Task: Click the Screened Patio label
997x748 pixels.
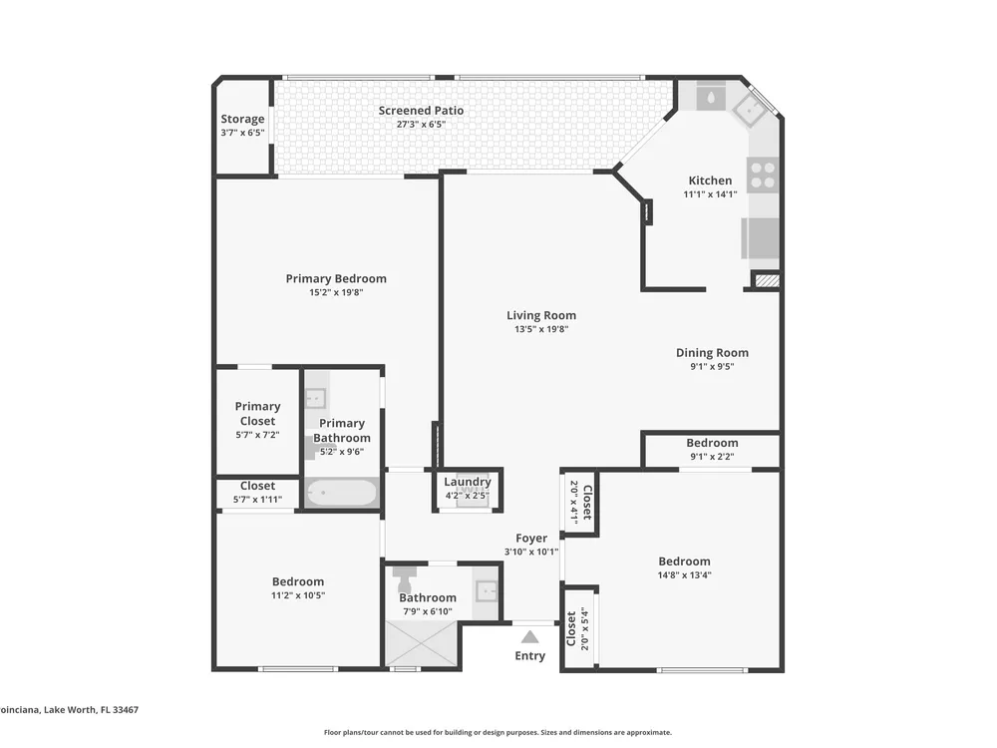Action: click(x=421, y=111)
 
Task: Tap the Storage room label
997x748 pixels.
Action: click(x=242, y=119)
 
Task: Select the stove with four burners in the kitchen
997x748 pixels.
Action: click(x=763, y=175)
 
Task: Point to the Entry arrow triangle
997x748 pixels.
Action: click(x=529, y=637)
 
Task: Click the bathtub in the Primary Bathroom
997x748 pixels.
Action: click(x=341, y=493)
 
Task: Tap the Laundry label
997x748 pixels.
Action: click(x=468, y=482)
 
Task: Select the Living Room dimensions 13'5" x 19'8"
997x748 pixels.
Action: click(x=541, y=329)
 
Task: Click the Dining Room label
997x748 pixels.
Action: click(x=712, y=352)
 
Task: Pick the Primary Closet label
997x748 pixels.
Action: click(x=257, y=414)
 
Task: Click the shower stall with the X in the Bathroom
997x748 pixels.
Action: click(x=421, y=643)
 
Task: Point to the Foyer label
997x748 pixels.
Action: click(x=531, y=539)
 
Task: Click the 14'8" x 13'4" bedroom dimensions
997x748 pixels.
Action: click(x=684, y=575)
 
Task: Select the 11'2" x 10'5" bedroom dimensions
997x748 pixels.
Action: click(x=298, y=595)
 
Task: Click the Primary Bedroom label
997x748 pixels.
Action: click(x=336, y=278)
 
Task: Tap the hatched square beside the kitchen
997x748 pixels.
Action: click(x=767, y=280)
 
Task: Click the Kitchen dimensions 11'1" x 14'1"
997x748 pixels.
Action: click(x=710, y=194)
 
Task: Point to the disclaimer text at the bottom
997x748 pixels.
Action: click(x=498, y=733)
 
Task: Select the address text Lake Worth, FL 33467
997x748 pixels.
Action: click(x=91, y=710)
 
